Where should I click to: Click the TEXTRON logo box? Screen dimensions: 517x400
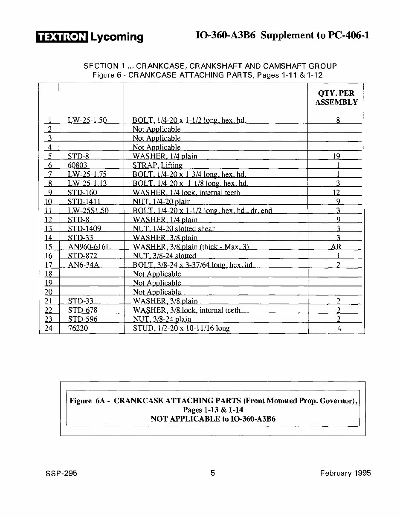tap(62, 37)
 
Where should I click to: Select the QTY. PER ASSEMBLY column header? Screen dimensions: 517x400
tap(336, 98)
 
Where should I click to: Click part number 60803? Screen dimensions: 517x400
tap(77, 165)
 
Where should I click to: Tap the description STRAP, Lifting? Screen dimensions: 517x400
tap(157, 165)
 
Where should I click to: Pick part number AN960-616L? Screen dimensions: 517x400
tap(87, 247)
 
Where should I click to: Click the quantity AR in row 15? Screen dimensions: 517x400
tap(336, 247)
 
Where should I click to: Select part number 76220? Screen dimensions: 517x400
tap(77, 328)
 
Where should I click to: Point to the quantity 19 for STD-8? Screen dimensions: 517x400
tap(336, 156)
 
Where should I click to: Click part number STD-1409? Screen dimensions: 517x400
tap(84, 229)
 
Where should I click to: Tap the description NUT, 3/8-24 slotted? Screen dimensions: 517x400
tap(164, 256)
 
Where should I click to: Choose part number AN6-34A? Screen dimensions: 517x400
tap(84, 265)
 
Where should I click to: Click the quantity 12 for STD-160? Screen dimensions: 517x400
tap(336, 193)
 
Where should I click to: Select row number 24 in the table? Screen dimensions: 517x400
tap(49, 328)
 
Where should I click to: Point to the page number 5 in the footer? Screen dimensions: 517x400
tap(213, 473)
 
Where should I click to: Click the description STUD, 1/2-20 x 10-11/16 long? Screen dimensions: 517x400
tap(181, 328)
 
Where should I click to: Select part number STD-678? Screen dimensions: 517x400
tap(82, 310)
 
